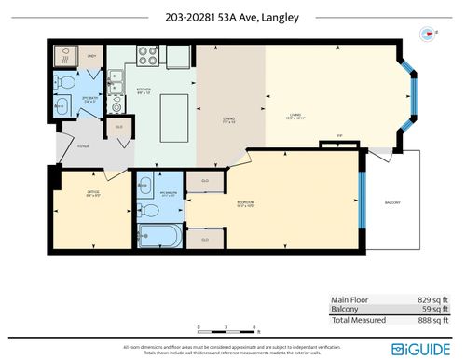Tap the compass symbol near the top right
click(x=428, y=31)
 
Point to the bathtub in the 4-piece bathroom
click(x=160, y=233)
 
